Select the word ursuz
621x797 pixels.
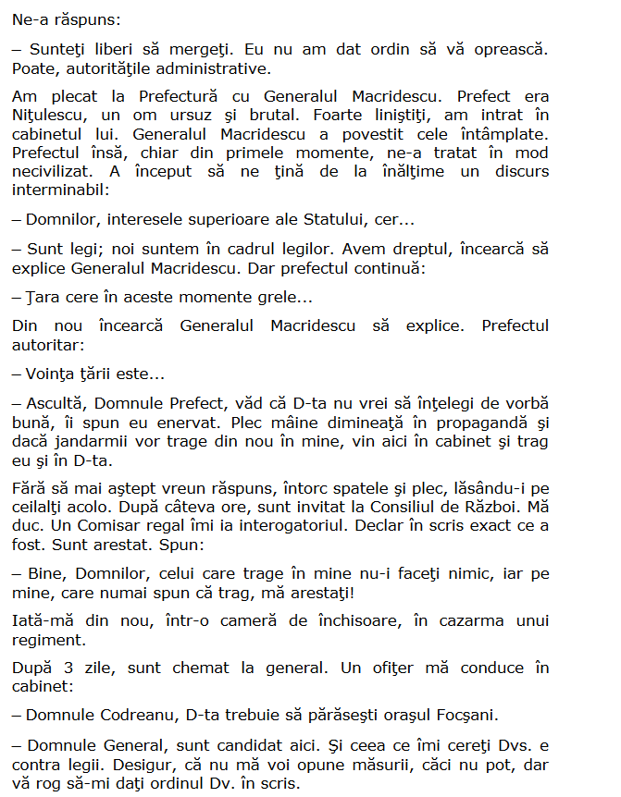(186, 115)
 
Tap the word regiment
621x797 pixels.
(49, 640)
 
